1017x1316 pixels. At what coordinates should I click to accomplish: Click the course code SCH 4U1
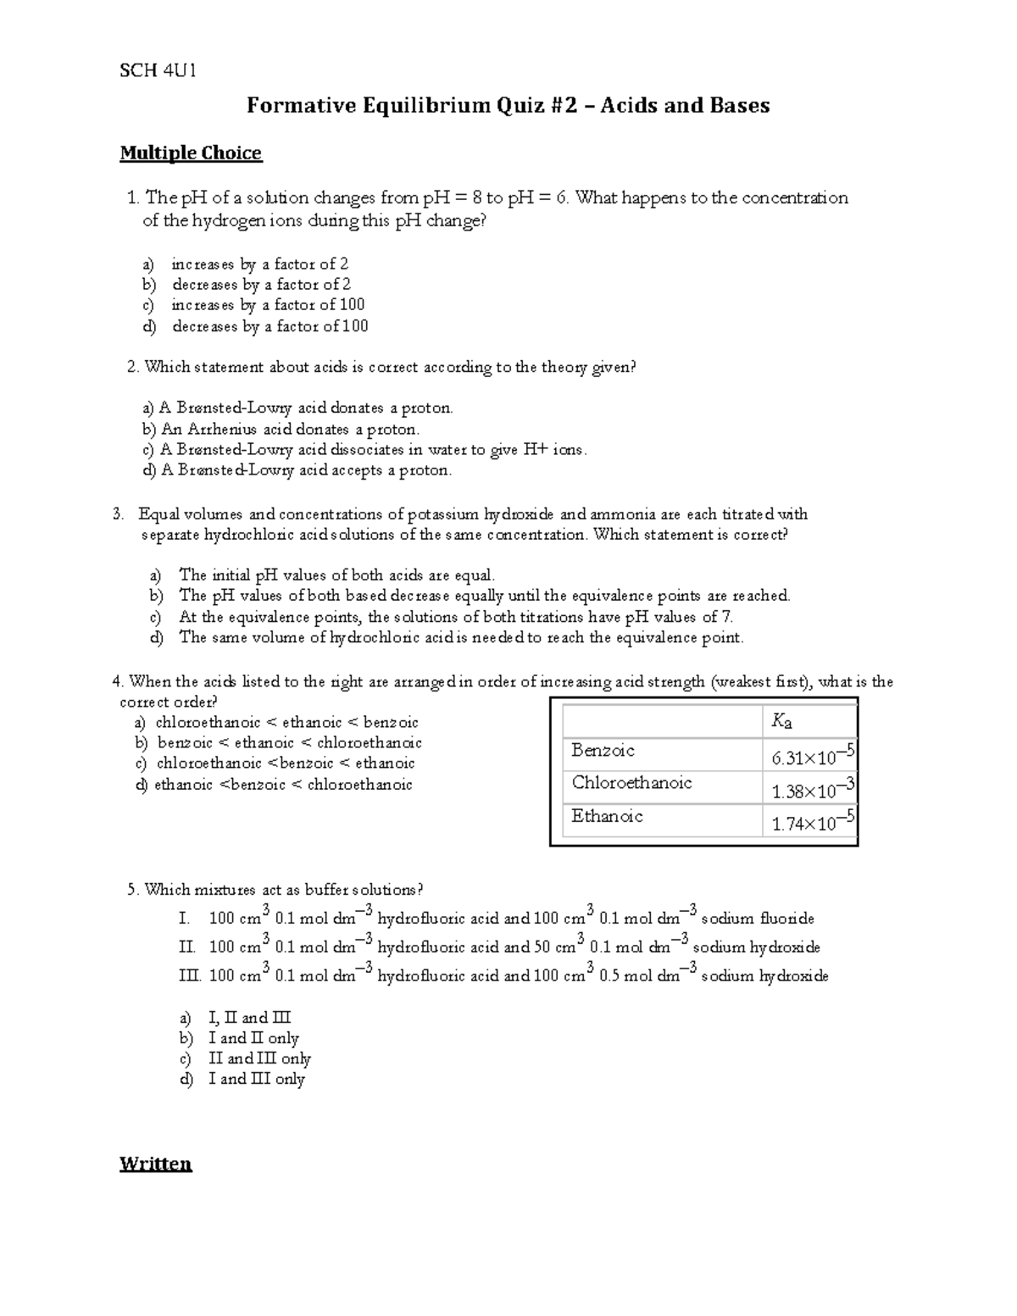[x=158, y=70]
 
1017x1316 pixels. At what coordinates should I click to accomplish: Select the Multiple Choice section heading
[x=191, y=153]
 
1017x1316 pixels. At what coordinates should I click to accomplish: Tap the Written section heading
[x=156, y=1163]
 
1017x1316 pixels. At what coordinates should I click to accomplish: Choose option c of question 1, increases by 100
[x=268, y=305]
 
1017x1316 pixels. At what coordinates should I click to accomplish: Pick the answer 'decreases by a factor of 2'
[x=261, y=285]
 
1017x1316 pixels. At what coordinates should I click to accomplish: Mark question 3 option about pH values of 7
[x=456, y=617]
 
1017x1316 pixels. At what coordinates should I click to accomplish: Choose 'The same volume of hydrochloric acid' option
[x=461, y=637]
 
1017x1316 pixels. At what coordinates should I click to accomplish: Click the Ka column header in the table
[x=781, y=721]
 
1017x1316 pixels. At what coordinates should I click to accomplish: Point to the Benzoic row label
[x=603, y=751]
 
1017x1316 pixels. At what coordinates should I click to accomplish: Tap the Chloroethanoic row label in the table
[x=631, y=783]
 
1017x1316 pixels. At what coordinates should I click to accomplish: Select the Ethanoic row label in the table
[x=607, y=816]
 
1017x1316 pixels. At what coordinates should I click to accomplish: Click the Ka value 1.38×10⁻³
[x=811, y=790]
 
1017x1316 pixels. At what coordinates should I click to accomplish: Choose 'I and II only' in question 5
[x=253, y=1038]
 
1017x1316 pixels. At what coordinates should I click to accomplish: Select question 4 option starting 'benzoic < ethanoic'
[x=289, y=743]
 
